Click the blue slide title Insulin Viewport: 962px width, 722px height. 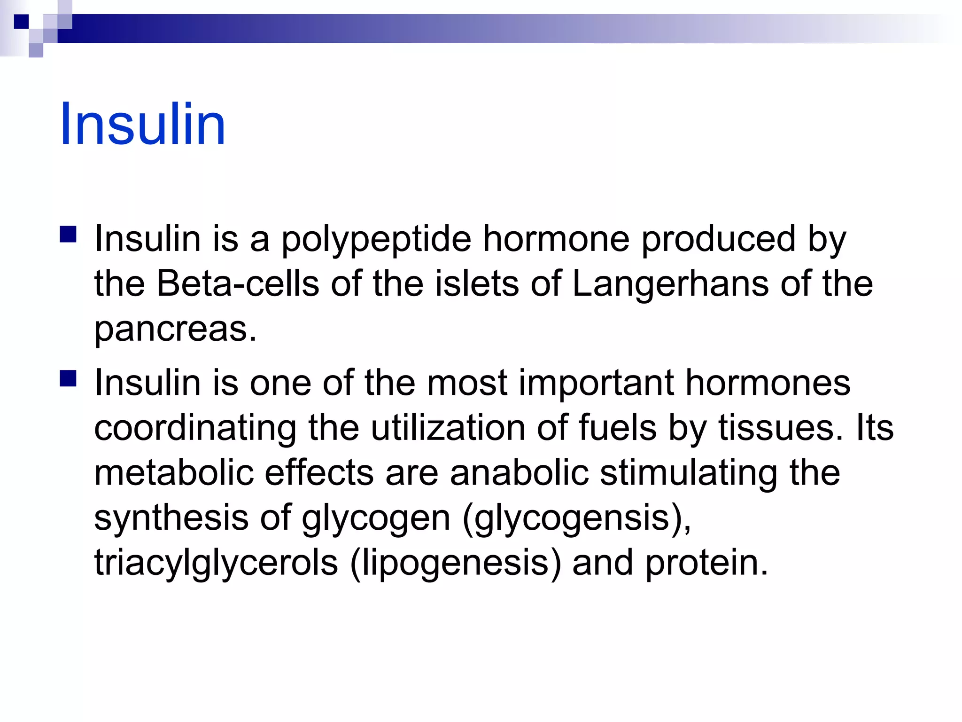tap(142, 125)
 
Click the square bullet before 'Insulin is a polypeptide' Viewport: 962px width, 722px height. tap(69, 235)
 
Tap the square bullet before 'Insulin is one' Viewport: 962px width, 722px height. tap(69, 378)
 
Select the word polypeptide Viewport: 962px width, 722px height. tap(376, 240)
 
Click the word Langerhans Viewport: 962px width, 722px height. tap(670, 284)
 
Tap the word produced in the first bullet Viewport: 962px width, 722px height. tap(718, 239)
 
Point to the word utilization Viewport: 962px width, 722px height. tap(448, 428)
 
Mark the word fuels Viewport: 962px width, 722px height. tap(617, 428)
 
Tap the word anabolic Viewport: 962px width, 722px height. tap(519, 472)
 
